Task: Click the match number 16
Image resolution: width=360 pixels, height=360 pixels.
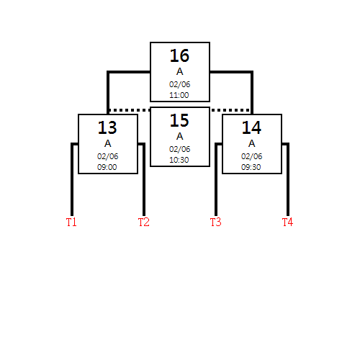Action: [179, 55]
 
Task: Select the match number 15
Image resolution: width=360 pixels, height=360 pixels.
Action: [179, 120]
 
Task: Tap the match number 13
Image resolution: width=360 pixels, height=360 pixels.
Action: [107, 127]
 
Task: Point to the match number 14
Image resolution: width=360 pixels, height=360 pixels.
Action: [251, 127]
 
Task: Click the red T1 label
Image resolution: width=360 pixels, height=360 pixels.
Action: [71, 222]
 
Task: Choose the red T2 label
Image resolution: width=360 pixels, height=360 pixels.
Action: [144, 222]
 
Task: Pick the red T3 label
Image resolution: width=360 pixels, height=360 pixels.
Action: [216, 222]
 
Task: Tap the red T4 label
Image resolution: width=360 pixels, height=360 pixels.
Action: [287, 222]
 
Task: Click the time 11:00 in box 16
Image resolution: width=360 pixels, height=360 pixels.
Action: [179, 95]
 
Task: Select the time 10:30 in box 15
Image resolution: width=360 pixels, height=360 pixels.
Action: [179, 160]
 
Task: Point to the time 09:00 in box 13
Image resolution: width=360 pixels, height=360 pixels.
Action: [107, 167]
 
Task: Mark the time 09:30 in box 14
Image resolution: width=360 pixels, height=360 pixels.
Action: [251, 167]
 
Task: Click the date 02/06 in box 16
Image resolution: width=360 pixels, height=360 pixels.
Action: [179, 84]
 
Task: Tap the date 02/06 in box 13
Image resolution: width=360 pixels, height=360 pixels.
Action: [107, 156]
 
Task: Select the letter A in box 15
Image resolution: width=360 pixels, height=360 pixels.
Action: [180, 136]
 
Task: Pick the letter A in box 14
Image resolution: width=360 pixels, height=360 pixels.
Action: [252, 143]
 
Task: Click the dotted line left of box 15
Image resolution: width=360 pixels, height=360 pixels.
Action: [130, 110]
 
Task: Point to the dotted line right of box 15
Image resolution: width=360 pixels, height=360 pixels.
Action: [230, 110]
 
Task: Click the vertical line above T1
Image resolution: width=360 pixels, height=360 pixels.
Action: [72, 179]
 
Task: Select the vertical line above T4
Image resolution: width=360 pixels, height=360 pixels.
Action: [288, 179]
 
